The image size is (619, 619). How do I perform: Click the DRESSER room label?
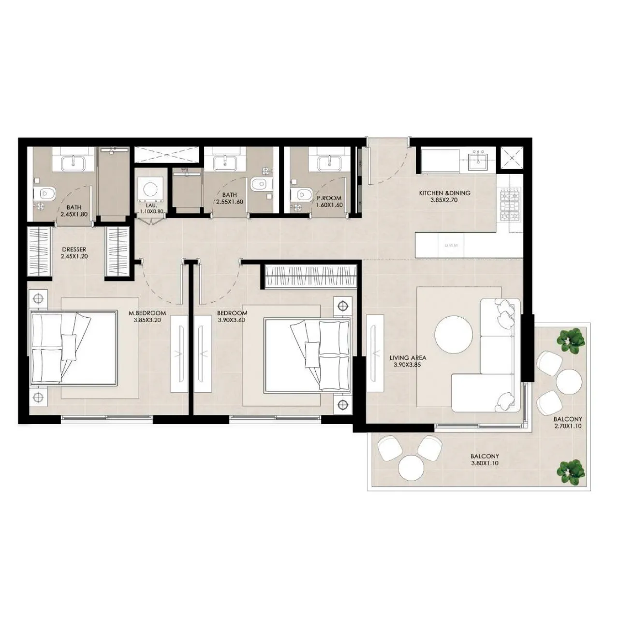click(x=74, y=250)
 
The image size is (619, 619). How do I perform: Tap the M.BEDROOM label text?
click(x=150, y=312)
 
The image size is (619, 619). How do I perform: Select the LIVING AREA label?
click(x=408, y=358)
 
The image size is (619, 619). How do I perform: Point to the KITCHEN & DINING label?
click(x=444, y=193)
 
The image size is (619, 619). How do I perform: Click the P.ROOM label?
click(x=329, y=198)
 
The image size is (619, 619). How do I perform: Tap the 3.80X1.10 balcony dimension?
click(x=485, y=463)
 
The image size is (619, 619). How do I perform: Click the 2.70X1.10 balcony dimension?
click(x=568, y=427)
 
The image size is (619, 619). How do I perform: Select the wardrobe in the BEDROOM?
click(x=311, y=277)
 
